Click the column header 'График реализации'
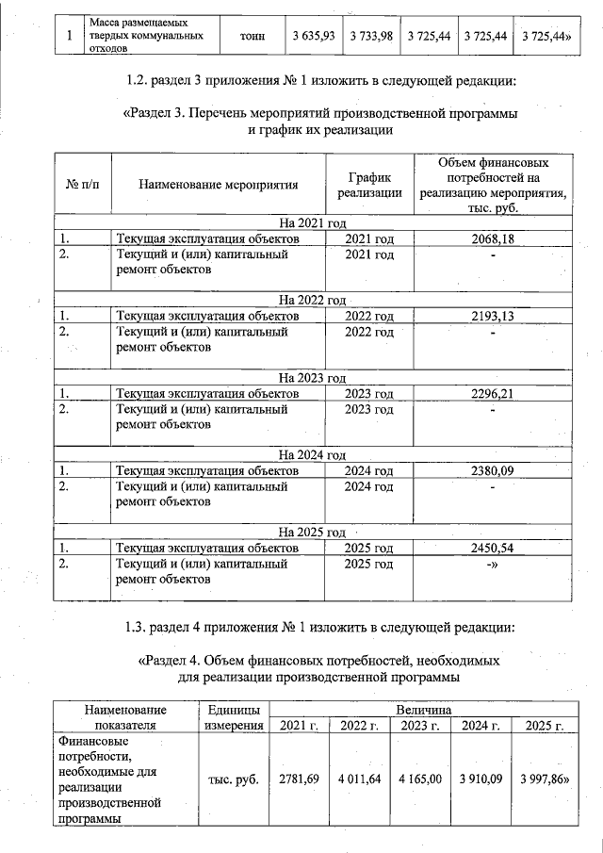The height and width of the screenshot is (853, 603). point(369,184)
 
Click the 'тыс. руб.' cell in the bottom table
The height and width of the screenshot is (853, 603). point(233,779)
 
